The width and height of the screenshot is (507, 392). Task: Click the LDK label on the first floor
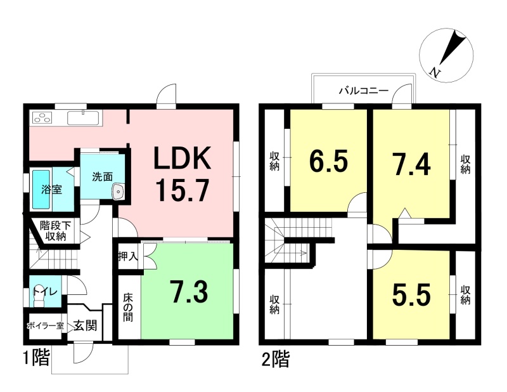(183, 158)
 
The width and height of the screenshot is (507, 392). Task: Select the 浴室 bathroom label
(51, 190)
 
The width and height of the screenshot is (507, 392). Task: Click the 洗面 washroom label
(102, 176)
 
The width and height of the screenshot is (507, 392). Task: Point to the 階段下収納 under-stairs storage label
(56, 230)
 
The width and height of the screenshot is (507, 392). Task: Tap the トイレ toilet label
(45, 291)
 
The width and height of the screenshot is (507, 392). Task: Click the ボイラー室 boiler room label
(46, 326)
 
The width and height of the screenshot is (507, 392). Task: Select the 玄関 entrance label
(85, 325)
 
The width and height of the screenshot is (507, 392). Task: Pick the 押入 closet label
(128, 256)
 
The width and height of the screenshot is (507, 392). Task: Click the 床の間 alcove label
(128, 308)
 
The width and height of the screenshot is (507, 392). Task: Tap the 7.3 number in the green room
(189, 292)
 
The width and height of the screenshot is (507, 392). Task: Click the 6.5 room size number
(328, 161)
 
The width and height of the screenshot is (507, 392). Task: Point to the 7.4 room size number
(411, 164)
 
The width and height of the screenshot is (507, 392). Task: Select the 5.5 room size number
(411, 294)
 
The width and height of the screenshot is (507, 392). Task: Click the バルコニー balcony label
(363, 90)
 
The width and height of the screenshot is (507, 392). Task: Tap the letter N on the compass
(435, 73)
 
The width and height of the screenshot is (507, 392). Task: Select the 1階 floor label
(37, 358)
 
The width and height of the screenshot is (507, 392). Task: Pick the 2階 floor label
(276, 359)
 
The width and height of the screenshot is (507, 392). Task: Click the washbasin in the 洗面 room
(119, 192)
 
